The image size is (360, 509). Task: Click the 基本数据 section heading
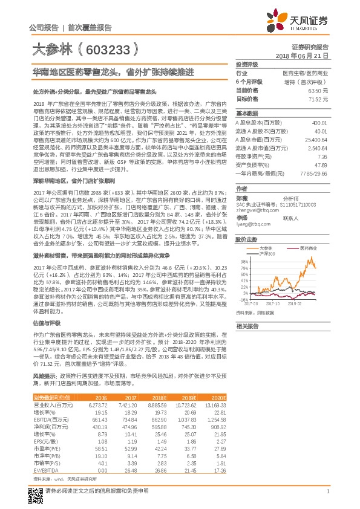247,113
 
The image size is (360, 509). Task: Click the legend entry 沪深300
266,253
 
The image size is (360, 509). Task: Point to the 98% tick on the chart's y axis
243,262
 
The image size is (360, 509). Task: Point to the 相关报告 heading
247,326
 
